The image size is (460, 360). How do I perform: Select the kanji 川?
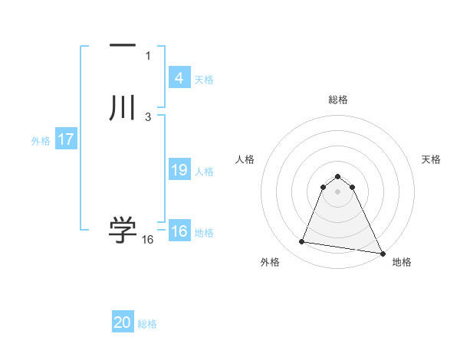(123, 107)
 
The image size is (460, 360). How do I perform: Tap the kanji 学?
(123, 229)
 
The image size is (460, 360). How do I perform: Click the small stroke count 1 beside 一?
(148, 56)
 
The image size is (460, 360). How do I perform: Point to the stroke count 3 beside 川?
(148, 117)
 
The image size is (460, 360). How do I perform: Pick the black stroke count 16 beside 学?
(148, 240)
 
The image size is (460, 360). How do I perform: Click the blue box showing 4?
(179, 78)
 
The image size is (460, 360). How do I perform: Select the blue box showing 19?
(179, 170)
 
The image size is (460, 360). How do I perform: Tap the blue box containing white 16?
(179, 232)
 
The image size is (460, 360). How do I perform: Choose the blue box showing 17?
(66, 140)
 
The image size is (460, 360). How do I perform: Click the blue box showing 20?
(123, 323)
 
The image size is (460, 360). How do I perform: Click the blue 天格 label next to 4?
(204, 80)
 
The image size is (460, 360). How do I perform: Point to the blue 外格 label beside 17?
(41, 141)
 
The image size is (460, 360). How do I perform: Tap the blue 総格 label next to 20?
(148, 325)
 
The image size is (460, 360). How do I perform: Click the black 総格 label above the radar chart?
(338, 100)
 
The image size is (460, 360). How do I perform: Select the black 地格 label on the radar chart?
(402, 262)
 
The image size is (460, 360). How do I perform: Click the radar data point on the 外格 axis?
(302, 242)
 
